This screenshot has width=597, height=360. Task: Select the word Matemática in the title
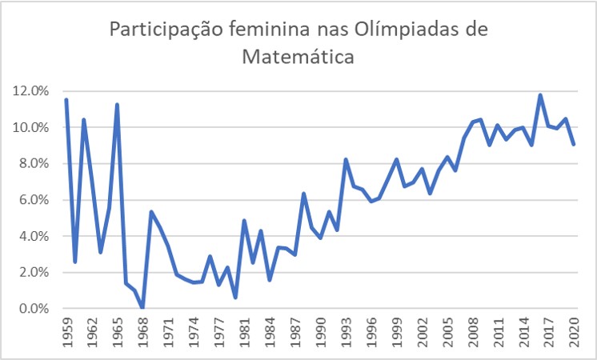click(299, 57)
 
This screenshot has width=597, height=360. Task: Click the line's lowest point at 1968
click(142, 308)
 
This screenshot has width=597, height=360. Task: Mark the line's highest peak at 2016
click(541, 95)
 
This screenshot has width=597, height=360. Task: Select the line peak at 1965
click(117, 105)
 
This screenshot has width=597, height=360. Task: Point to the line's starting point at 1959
click(66, 100)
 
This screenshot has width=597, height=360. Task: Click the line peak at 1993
click(346, 160)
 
